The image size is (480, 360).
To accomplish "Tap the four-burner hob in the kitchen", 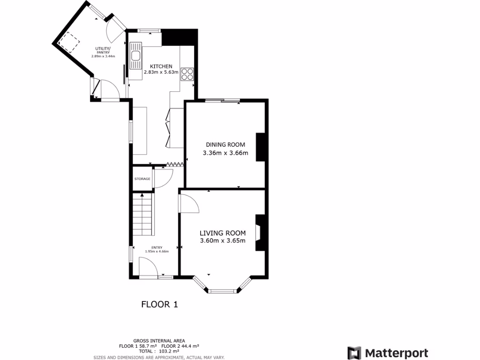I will click(187, 74).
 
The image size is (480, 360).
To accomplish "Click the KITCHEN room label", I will click(161, 67).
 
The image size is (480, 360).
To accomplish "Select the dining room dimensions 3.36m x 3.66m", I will click(225, 153).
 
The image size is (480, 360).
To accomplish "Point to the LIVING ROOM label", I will click(223, 233).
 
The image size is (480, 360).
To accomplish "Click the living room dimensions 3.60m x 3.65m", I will click(223, 241).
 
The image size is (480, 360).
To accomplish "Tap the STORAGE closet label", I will click(142, 179).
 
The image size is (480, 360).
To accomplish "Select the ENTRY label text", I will click(157, 247).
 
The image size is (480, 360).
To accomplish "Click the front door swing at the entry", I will click(149, 267).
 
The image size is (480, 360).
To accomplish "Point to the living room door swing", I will click(188, 202).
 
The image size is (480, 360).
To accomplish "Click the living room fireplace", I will click(260, 232).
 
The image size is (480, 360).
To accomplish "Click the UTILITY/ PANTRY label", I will click(103, 50).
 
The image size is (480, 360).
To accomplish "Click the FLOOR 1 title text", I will click(159, 305).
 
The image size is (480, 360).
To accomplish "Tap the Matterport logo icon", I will click(354, 353).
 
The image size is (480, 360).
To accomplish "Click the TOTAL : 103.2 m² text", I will click(159, 351).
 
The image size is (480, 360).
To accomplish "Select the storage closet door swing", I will click(163, 177).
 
